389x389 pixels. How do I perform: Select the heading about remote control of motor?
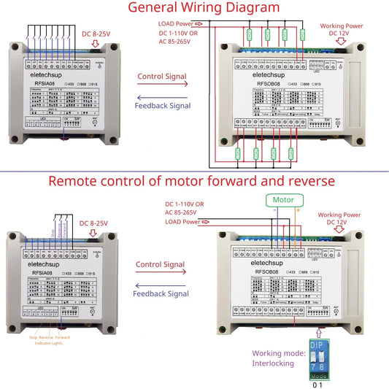[x=194, y=181]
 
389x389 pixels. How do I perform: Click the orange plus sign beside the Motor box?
[x=297, y=210]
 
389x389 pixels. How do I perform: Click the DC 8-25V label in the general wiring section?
[x=96, y=34]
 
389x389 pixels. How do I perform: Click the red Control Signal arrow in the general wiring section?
[x=161, y=85]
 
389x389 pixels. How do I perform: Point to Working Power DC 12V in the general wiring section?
[x=342, y=30]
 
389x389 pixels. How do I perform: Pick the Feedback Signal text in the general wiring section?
[x=163, y=106]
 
